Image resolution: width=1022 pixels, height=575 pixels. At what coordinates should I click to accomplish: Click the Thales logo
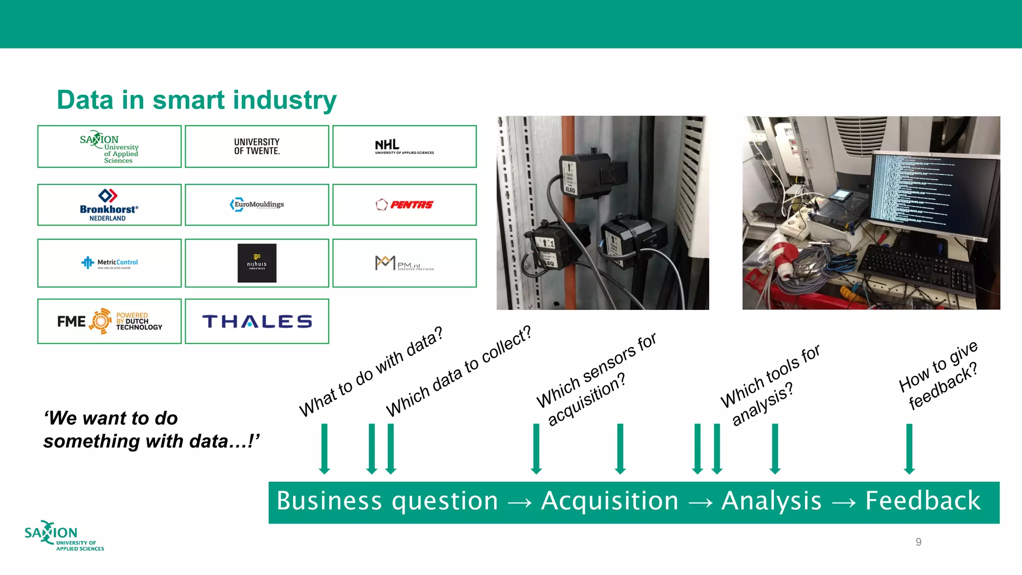point(257,321)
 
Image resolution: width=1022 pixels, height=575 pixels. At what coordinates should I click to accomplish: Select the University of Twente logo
point(257,146)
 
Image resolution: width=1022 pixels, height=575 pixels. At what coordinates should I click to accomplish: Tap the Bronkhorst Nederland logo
point(109,205)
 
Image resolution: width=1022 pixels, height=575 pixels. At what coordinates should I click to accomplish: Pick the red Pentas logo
point(405,205)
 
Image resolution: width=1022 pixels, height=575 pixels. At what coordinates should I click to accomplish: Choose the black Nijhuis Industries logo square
point(257,263)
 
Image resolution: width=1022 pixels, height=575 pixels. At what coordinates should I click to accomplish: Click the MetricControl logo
point(110,263)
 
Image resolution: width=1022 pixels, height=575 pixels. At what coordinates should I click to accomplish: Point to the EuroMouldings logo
point(257,205)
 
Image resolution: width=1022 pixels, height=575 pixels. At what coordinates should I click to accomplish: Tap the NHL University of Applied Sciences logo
point(404,146)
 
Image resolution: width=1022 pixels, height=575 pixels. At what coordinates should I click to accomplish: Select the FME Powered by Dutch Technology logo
point(110,321)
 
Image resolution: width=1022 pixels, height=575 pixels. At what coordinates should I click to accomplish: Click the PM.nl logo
point(404,263)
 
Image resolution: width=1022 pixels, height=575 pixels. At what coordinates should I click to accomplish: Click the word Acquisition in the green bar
point(610,501)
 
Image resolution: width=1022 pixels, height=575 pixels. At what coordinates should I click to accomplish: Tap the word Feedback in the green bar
point(923,501)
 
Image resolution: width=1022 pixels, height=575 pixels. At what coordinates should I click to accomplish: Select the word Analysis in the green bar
point(771,501)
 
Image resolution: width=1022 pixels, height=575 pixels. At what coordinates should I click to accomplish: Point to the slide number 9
point(918,542)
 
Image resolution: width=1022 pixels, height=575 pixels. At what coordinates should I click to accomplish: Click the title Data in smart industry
point(197,100)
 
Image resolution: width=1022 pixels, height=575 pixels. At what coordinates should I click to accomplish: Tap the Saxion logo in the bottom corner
point(64,536)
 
